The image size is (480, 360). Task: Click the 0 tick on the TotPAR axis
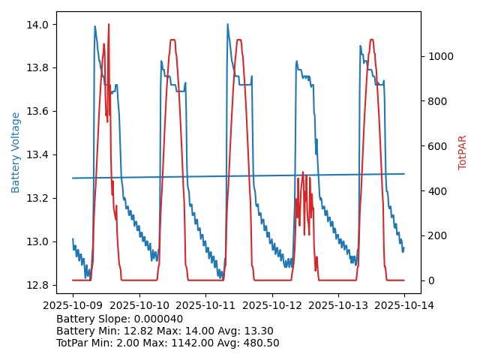429,280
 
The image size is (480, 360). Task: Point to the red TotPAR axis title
463,152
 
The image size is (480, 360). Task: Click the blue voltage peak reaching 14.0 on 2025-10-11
227,24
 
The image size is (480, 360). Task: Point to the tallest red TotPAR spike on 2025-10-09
109,25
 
